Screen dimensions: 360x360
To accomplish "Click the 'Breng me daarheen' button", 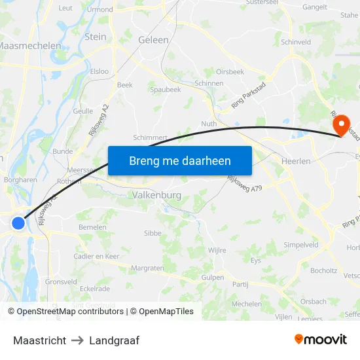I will (x=179, y=160).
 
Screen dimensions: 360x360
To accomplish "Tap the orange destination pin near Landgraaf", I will (x=340, y=123).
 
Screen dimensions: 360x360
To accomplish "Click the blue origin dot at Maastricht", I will (x=18, y=223).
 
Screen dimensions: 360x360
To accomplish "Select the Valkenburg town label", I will (x=156, y=195).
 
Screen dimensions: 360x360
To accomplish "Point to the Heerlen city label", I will (x=295, y=161).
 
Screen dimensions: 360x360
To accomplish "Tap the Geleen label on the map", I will (x=154, y=40).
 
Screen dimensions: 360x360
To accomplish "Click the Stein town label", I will (x=96, y=37).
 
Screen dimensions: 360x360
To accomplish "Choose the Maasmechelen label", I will (x=30, y=46).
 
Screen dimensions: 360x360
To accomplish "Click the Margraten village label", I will (x=147, y=268).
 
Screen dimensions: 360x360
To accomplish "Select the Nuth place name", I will (x=209, y=123).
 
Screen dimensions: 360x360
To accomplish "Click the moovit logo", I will (x=321, y=340).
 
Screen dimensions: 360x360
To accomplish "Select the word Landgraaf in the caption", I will (x=115, y=340).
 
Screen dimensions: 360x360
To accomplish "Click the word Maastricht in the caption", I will (x=39, y=340).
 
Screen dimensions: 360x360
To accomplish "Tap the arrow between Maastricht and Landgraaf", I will (x=77, y=340).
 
